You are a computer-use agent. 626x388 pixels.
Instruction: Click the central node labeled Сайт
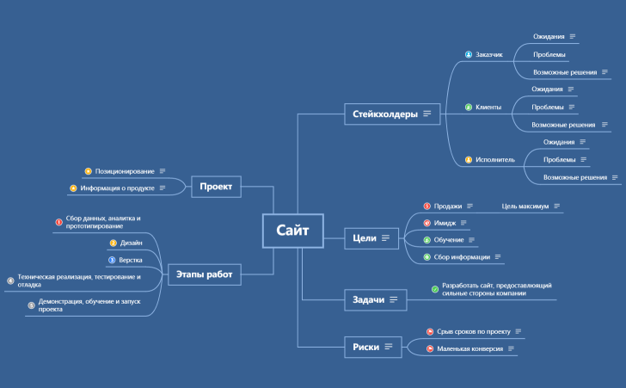[292, 231]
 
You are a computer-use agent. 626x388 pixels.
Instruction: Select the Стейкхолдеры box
[392, 114]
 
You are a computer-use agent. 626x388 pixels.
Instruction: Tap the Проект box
[216, 187]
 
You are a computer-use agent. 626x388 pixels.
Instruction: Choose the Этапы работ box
[205, 274]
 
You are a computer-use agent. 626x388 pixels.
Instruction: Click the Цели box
[371, 238]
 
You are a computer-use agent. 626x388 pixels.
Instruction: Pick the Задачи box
[375, 299]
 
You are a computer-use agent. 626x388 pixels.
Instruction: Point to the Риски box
[373, 347]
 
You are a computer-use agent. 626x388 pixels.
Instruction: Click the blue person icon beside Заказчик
[469, 54]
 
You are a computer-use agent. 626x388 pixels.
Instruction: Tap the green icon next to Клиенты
[469, 107]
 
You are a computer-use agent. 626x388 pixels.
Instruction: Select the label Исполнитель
[495, 160]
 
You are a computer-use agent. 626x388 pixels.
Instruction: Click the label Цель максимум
[525, 206]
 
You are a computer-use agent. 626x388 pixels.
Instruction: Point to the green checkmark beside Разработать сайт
[435, 289]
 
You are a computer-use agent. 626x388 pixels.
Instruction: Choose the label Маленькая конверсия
[470, 348]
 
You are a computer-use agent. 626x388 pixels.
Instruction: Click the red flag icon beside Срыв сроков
[430, 332]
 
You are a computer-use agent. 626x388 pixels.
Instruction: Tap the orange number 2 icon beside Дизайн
[113, 243]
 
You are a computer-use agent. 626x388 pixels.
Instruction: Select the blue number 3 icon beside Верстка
[112, 260]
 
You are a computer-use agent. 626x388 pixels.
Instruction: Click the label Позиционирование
[125, 171]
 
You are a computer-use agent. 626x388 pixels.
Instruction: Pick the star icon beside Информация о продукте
[73, 188]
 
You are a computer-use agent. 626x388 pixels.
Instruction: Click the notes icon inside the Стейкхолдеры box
[427, 114]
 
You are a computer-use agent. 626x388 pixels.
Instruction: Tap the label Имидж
[445, 223]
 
